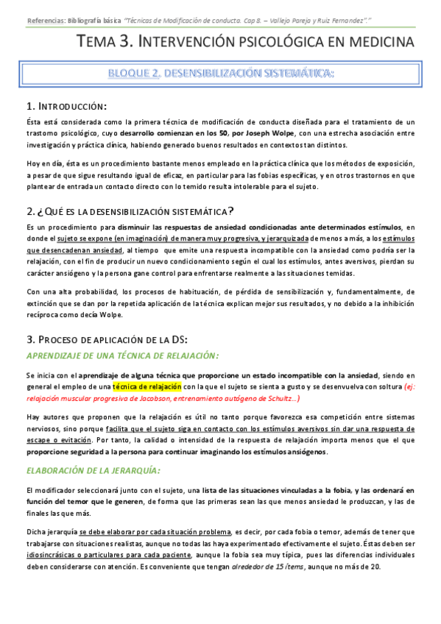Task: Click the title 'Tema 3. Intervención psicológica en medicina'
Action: pyautogui.click(x=246, y=43)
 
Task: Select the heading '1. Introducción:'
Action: pyautogui.click(x=66, y=107)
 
